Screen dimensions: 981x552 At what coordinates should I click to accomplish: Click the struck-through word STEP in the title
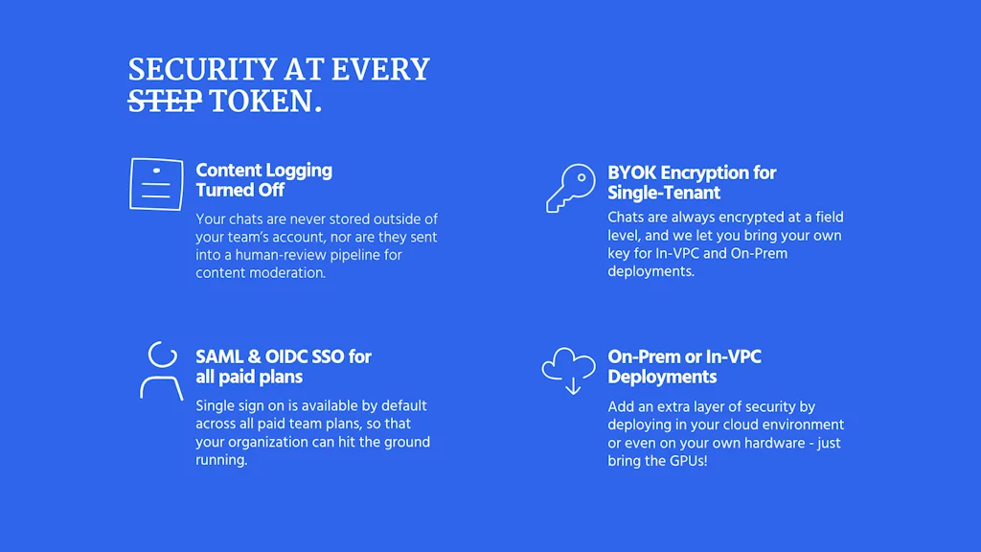[165, 101]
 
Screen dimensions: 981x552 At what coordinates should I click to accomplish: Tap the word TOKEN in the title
[261, 101]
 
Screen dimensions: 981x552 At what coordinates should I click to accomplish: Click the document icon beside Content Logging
[156, 184]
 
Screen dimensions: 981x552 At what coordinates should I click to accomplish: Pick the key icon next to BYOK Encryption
[571, 189]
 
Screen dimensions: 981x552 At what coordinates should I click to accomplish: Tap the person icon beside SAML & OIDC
[161, 371]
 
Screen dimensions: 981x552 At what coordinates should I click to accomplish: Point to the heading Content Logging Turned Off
[264, 180]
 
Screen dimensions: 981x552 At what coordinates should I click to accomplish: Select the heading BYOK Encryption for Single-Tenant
[692, 183]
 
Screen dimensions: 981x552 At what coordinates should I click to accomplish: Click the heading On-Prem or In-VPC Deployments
[684, 367]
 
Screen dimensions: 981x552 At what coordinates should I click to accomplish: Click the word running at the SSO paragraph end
[220, 460]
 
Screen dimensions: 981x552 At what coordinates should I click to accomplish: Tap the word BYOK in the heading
[632, 172]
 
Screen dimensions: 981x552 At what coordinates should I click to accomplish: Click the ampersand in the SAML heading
[255, 356]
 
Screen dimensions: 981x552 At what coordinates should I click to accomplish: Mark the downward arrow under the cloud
[573, 384]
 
